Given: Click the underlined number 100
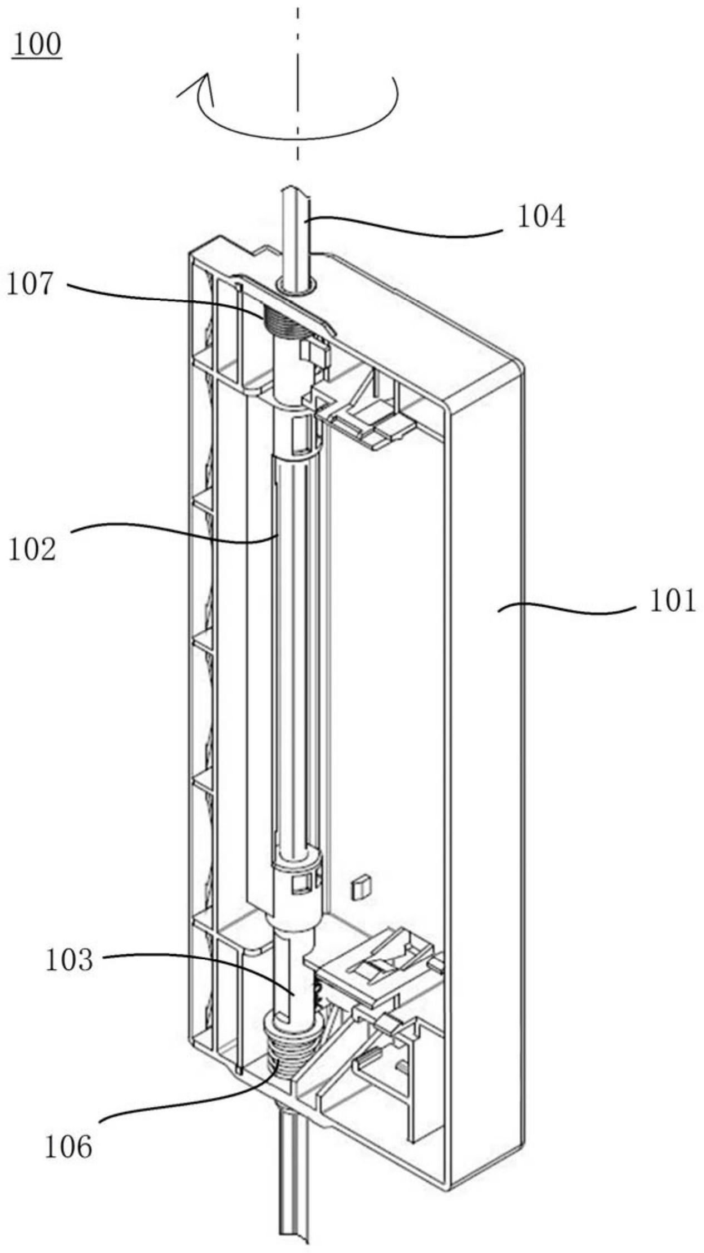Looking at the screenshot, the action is tap(37, 45).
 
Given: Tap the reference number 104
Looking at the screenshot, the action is tap(541, 217).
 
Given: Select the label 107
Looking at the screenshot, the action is tap(31, 284).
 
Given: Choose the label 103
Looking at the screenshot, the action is tap(69, 960).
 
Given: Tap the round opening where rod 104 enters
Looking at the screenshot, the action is tap(297, 285).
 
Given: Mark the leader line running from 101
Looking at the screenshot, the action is tap(567, 610).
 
